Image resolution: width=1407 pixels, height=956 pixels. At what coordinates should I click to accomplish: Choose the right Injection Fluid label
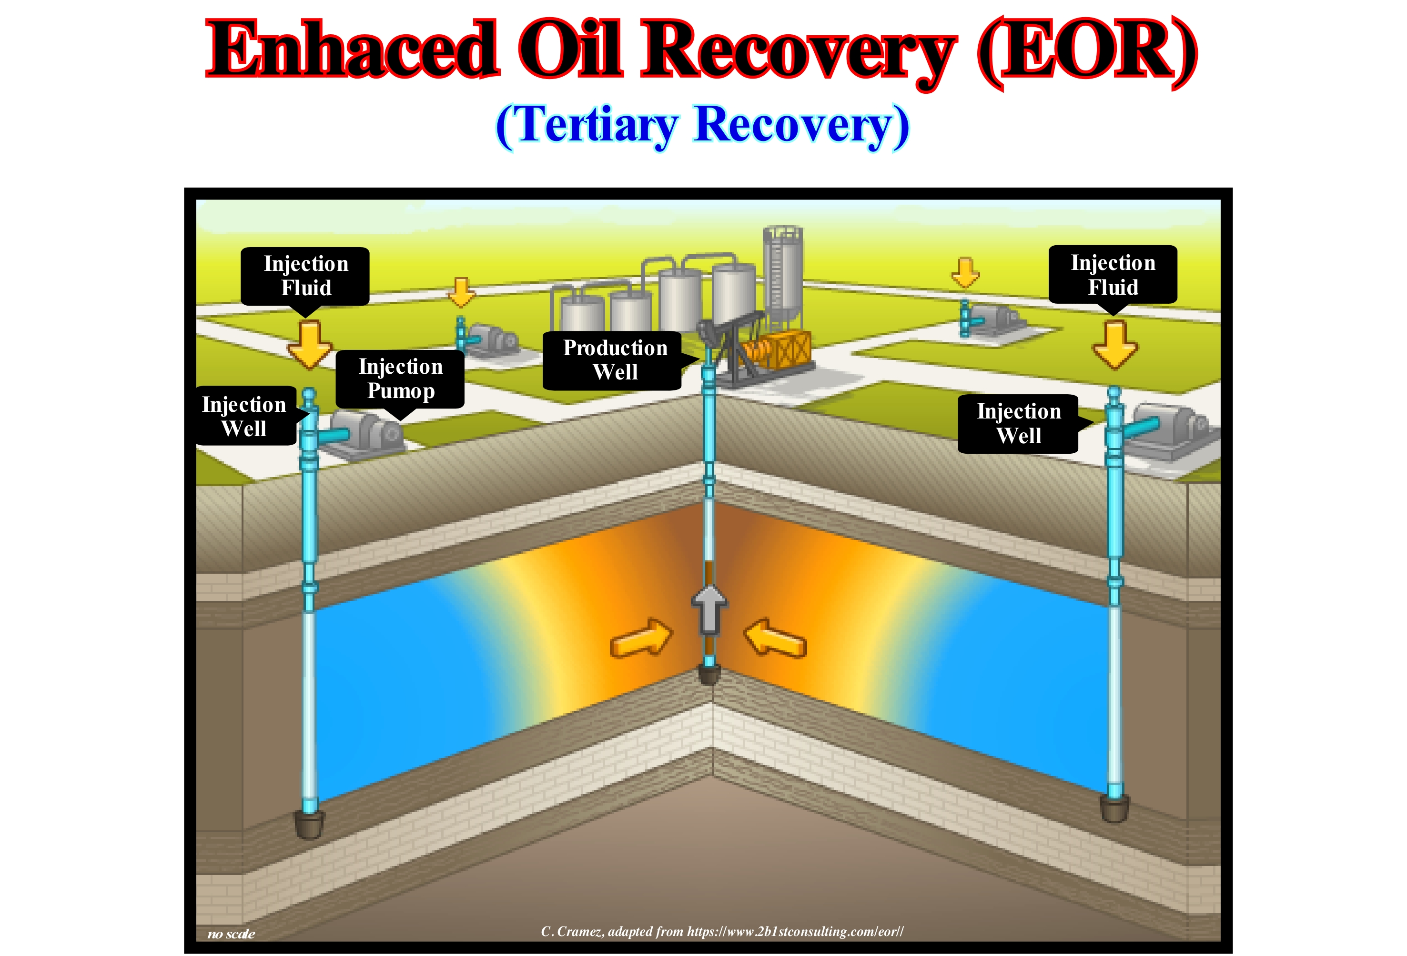click(1113, 274)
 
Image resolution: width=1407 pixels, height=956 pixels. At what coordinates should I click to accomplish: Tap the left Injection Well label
click(244, 416)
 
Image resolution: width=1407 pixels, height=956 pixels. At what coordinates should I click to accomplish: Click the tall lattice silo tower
click(782, 272)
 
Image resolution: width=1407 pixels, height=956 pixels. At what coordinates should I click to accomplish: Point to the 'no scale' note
click(231, 934)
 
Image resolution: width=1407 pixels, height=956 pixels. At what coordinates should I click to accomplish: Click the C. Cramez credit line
click(722, 931)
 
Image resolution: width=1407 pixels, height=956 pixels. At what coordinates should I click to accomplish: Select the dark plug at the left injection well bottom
click(309, 824)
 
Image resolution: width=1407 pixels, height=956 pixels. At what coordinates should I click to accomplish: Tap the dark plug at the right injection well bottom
click(1114, 808)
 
